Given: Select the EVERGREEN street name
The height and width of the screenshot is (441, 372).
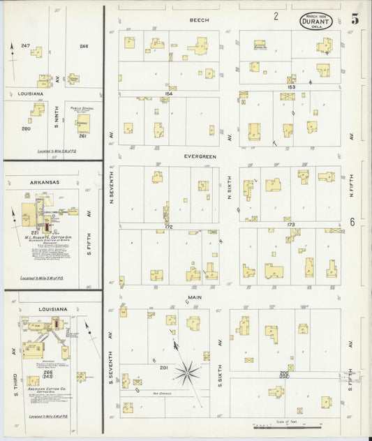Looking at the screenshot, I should pyautogui.click(x=200, y=157).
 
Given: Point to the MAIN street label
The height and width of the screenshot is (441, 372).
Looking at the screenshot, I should pyautogui.click(x=194, y=297).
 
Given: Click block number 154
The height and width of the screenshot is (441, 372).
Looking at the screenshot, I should pyautogui.click(x=168, y=93).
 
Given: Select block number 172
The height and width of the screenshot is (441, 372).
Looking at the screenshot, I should pyautogui.click(x=168, y=227).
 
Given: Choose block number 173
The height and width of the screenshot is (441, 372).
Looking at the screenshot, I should pyautogui.click(x=291, y=225).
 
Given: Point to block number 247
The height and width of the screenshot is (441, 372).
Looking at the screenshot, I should pyautogui.click(x=25, y=46).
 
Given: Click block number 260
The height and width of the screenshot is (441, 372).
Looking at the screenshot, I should pyautogui.click(x=26, y=128).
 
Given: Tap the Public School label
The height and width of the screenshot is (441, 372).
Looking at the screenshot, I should pyautogui.click(x=82, y=110).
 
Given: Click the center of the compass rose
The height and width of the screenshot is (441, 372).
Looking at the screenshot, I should pyautogui.click(x=188, y=373).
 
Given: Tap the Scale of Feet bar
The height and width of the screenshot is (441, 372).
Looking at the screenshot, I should pyautogui.click(x=287, y=424).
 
